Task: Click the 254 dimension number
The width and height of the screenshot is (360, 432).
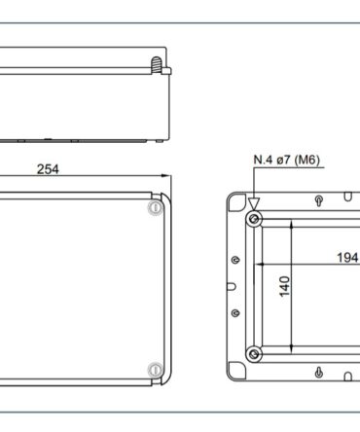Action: click(x=48, y=169)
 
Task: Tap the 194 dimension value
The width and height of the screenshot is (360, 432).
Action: click(x=347, y=258)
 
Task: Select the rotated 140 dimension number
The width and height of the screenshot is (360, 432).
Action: click(x=284, y=286)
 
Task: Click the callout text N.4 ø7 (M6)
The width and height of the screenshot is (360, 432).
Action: click(x=286, y=160)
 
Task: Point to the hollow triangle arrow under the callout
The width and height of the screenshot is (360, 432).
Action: click(x=254, y=204)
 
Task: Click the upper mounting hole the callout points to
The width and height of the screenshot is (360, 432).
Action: click(x=254, y=219)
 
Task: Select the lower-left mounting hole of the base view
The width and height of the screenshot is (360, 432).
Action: click(x=254, y=353)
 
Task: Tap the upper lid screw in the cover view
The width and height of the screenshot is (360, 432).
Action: click(x=156, y=207)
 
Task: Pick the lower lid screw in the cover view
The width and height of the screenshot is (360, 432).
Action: click(x=156, y=370)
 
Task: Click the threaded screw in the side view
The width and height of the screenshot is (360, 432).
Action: click(x=157, y=64)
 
